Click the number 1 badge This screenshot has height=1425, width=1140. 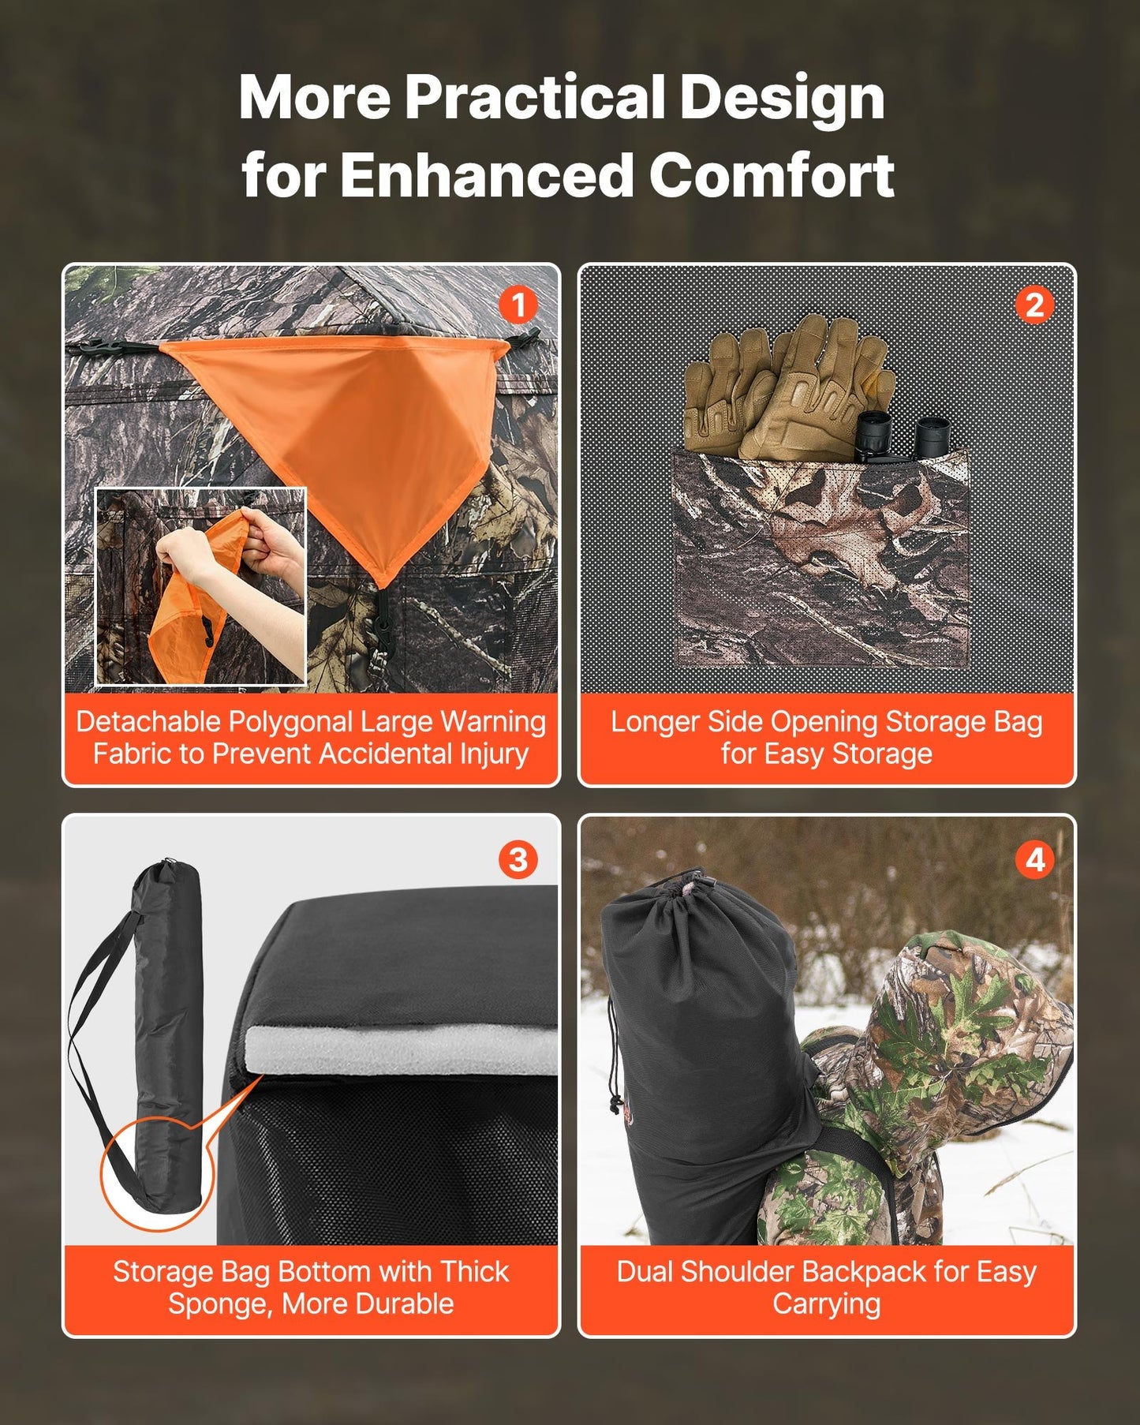click(518, 305)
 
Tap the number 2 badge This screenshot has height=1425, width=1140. click(1034, 305)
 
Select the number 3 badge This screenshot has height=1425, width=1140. click(518, 859)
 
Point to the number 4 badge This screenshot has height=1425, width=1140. click(1034, 859)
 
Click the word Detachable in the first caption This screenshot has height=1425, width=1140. click(148, 722)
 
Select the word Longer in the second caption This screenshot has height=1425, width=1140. click(654, 722)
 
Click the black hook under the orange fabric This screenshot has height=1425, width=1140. click(383, 623)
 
